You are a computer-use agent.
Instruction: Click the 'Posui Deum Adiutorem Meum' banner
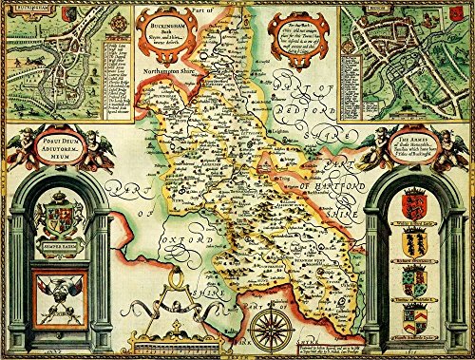[59, 142]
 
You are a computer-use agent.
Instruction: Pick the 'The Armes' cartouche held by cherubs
[415, 142]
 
